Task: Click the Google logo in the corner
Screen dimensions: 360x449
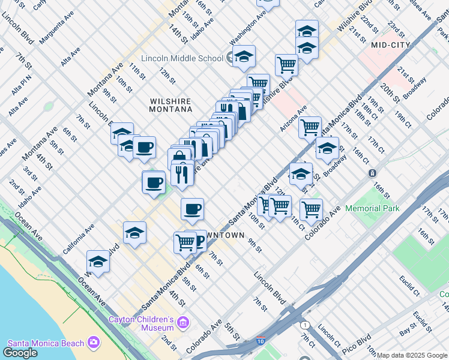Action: point(20,353)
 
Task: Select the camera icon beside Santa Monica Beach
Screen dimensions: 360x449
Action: point(94,342)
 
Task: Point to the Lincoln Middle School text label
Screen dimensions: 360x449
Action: point(182,58)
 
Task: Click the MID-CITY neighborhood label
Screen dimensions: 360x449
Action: point(391,45)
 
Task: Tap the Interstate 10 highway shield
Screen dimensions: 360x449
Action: point(261,341)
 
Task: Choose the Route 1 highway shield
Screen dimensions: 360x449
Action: point(306,325)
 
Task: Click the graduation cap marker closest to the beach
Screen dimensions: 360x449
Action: point(98,262)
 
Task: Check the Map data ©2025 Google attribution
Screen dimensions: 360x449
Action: point(412,355)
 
